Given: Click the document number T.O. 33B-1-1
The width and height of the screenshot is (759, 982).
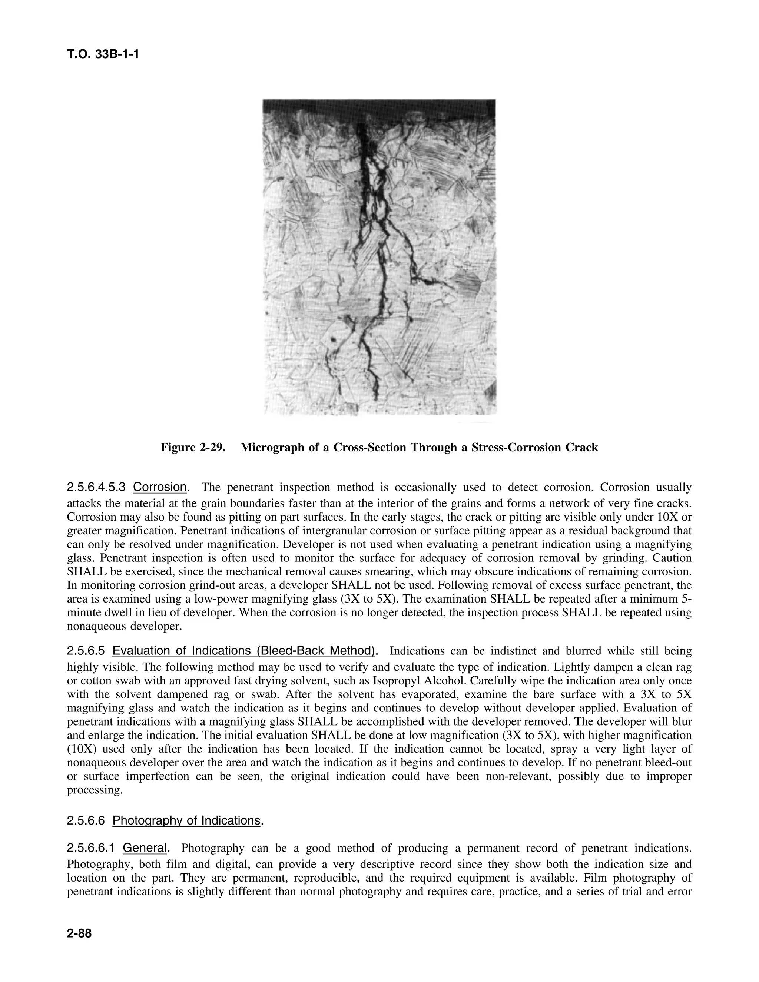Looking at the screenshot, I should point(103,54).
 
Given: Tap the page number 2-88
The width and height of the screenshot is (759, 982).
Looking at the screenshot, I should point(79,933).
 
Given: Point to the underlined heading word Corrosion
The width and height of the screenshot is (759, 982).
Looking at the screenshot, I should point(160,487).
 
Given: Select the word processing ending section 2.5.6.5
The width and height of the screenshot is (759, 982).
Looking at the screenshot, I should point(95,790).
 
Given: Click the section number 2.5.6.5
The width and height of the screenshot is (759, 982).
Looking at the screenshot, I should point(86,651).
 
